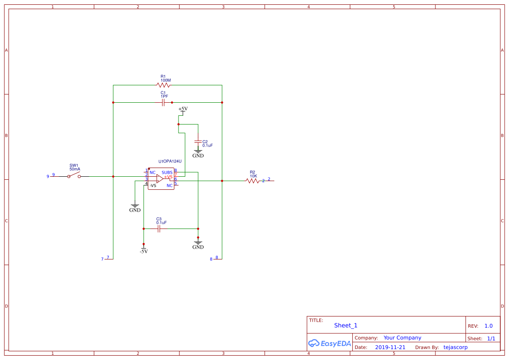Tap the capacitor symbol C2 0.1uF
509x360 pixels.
pos(198,142)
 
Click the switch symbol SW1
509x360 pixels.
pos(74,176)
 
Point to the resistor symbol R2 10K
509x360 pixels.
pos(253,181)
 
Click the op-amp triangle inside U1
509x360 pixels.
pos(160,178)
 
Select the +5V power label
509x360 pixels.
pos(183,109)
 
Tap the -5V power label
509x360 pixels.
pos(144,251)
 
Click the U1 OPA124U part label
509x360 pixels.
pos(170,161)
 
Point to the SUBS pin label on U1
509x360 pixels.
pos(167,172)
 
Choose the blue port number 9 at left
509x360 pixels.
pos(48,176)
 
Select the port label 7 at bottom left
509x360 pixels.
pos(102,259)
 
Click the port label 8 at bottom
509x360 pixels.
pos(211,259)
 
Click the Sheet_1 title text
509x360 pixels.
pos(346,326)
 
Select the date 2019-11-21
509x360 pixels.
pos(390,347)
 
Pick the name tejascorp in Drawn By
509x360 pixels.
pos(455,347)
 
